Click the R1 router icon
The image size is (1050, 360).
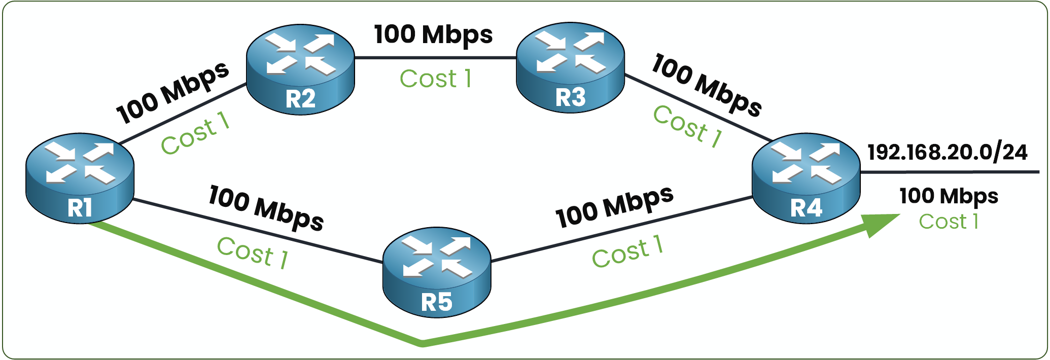click(x=80, y=178)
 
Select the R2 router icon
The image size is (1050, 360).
click(x=300, y=69)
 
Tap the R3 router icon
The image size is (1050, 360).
click(x=570, y=67)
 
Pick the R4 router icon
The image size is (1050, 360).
click(x=806, y=178)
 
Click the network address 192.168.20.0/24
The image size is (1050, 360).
click(x=948, y=152)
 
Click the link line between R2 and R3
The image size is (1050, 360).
click(x=435, y=58)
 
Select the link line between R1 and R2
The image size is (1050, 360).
click(x=183, y=114)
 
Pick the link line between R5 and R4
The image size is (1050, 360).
click(x=621, y=229)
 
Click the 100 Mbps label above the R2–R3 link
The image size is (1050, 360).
click(x=433, y=34)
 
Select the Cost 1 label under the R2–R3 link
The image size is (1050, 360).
click(x=436, y=79)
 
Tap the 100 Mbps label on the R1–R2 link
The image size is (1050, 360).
click(x=172, y=93)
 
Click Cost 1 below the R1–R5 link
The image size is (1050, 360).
click(x=253, y=252)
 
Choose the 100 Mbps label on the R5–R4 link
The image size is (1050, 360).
click(x=614, y=206)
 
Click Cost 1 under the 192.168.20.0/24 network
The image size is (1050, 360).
click(x=949, y=222)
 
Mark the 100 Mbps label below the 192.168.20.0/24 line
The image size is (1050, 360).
click(x=949, y=196)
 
